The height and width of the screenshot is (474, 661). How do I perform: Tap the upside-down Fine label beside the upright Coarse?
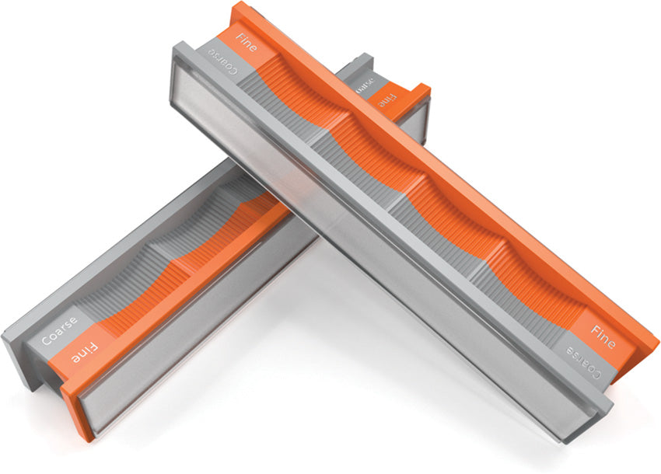[84, 357]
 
